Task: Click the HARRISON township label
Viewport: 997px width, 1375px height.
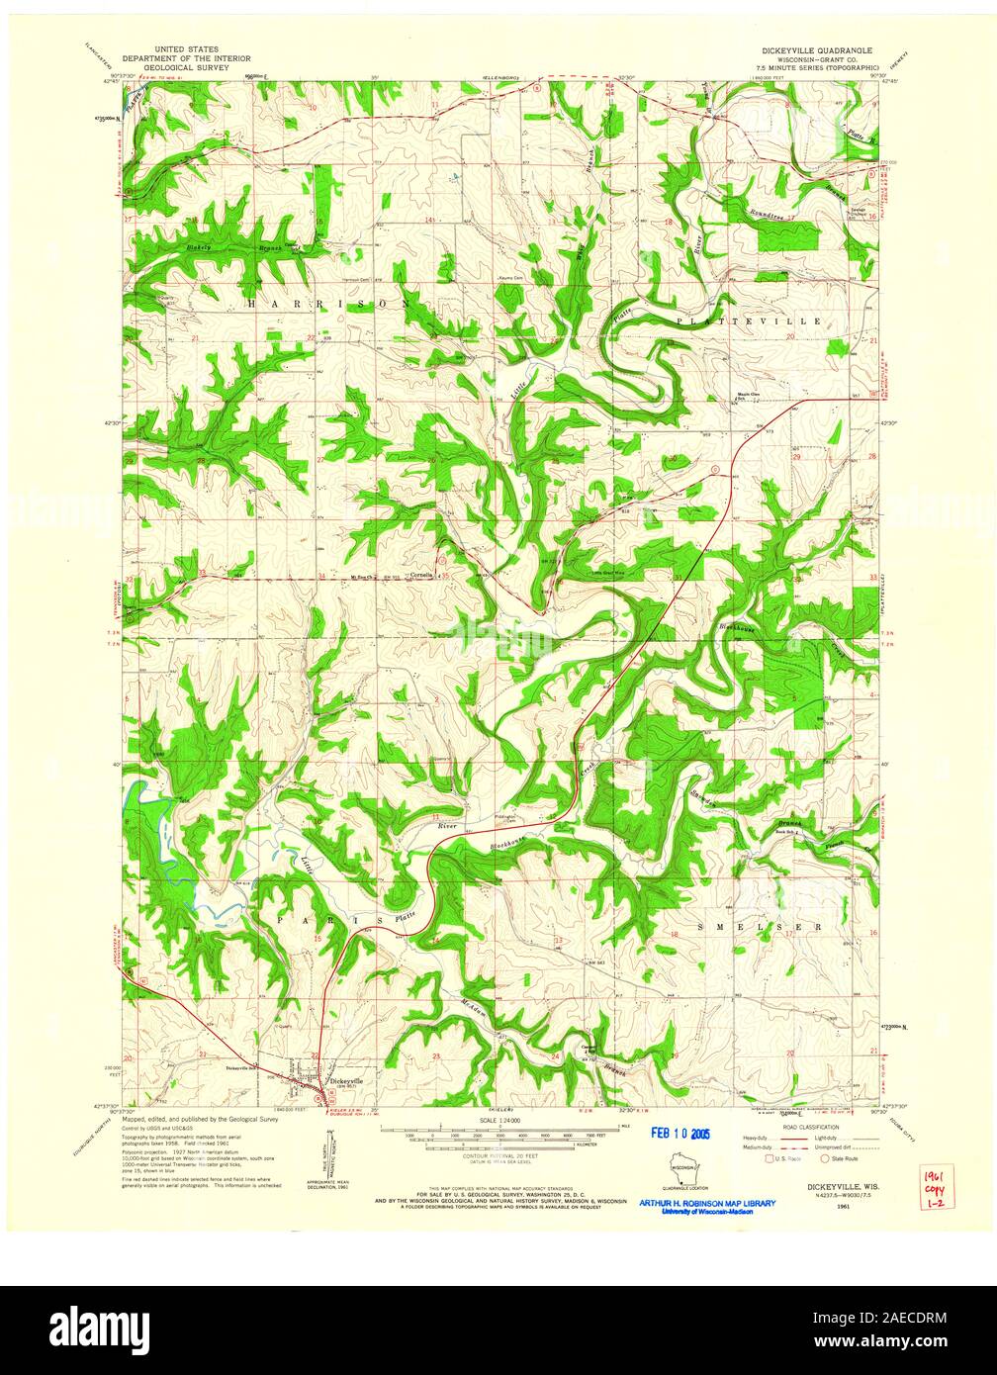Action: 327,304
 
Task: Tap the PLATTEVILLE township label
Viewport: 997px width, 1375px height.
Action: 750,321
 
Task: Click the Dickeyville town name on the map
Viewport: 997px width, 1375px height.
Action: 350,1081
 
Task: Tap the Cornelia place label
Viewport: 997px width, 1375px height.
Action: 421,575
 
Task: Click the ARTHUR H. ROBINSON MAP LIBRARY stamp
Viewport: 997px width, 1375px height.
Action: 706,1204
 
